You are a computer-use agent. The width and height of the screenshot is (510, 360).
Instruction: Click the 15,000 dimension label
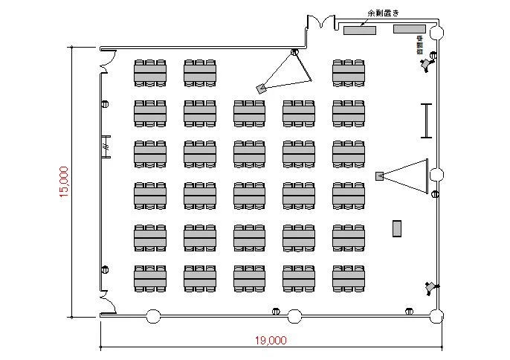tap(64, 181)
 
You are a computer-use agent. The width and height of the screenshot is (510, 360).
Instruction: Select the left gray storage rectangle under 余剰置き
tap(360, 30)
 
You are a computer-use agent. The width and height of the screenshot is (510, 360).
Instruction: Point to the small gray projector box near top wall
tap(261, 88)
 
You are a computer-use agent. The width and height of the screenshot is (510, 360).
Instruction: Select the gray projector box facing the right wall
tap(379, 176)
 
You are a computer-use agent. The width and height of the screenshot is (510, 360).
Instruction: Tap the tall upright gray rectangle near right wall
tap(398, 228)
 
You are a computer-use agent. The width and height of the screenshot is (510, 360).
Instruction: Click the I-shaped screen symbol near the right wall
tap(426, 120)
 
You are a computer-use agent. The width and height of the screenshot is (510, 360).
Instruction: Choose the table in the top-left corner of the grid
tap(149, 72)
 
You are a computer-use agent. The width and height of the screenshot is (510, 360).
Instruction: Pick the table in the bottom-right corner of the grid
tap(348, 277)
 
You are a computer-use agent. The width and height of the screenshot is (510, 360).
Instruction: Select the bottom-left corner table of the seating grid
tap(149, 277)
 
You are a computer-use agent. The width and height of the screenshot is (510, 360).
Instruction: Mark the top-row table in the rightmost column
tap(348, 72)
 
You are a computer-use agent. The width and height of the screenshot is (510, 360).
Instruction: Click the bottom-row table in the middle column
tap(249, 277)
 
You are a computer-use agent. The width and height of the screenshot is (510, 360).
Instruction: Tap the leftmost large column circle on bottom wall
tap(153, 316)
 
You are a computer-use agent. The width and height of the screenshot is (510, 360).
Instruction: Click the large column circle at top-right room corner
tap(436, 33)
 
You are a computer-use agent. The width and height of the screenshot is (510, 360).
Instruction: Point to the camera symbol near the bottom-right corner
tap(430, 287)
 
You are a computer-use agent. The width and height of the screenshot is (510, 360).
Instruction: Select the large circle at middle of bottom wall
tap(294, 316)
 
